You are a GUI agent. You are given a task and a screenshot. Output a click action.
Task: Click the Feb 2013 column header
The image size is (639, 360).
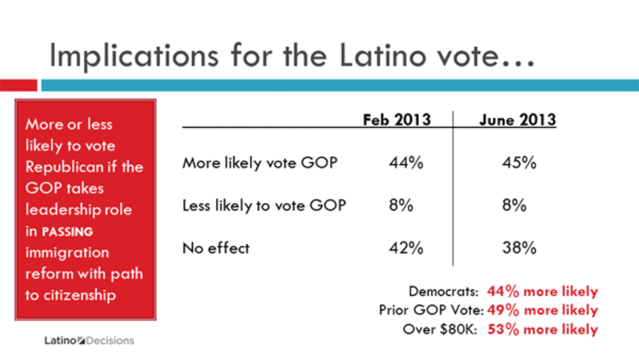coord(397,120)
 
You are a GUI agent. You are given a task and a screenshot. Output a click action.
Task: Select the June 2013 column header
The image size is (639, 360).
coord(517,120)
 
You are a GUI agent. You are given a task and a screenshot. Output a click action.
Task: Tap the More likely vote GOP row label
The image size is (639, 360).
coord(260,163)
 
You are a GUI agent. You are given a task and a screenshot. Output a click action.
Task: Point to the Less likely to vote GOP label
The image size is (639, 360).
coord(264,206)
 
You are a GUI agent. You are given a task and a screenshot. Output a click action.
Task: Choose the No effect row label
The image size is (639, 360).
coord(216,248)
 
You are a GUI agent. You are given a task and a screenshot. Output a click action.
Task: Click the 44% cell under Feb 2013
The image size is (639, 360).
coord(406,163)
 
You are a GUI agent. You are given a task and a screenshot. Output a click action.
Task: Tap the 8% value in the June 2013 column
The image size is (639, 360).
coord(514,206)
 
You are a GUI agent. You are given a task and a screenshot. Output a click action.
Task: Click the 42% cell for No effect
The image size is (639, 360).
coord(406,248)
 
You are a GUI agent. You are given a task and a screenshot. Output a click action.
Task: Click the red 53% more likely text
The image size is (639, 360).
coord(543,329)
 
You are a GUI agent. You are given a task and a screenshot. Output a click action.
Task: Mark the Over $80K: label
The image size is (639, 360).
coord(443,329)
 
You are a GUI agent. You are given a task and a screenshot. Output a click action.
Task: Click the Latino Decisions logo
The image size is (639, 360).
coord(89,340)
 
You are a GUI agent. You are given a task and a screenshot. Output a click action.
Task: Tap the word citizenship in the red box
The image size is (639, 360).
coord(78,295)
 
